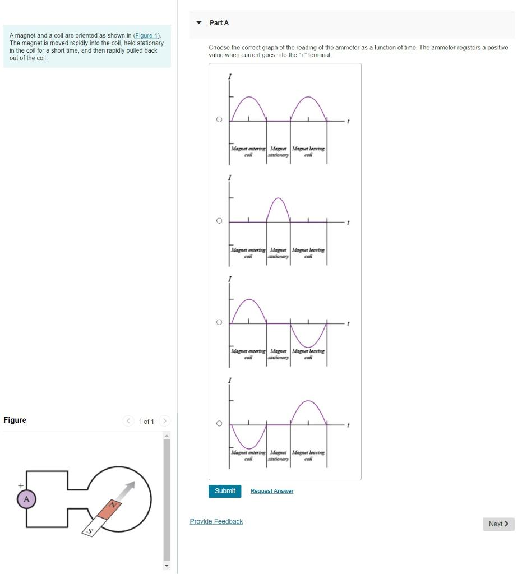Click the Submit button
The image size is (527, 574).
[x=225, y=491]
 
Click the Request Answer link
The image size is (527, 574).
[x=272, y=491]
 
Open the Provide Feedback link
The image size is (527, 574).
[x=216, y=521]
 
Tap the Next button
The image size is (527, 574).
[x=498, y=524]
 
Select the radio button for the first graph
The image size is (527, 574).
[x=219, y=119]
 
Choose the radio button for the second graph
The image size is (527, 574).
[x=219, y=221]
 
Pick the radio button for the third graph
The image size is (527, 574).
[x=219, y=322]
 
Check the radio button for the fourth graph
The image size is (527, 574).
[x=219, y=423]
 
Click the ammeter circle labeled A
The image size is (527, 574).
[x=26, y=499]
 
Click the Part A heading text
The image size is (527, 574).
[x=219, y=23]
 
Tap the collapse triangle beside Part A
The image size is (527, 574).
[x=198, y=23]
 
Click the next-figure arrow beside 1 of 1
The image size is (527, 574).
[x=165, y=421]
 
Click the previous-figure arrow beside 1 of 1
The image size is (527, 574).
[x=128, y=421]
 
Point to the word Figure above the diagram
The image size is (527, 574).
[x=15, y=420]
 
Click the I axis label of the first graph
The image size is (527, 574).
[x=229, y=76]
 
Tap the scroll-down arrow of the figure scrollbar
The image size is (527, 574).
[x=166, y=566]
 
